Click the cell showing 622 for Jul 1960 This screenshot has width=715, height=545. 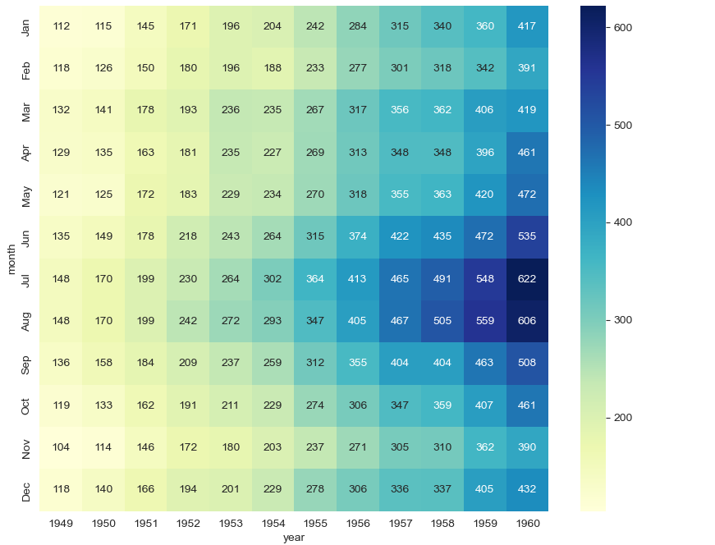[527, 279]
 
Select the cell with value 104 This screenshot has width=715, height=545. [62, 447]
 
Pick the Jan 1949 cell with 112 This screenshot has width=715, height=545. [62, 26]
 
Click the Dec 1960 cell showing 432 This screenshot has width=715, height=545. [527, 489]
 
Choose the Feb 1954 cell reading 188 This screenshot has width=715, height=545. [273, 69]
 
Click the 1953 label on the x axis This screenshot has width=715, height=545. [231, 523]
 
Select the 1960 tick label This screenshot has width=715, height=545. [527, 523]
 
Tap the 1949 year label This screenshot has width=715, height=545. [62, 523]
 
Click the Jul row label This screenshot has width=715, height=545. [26, 279]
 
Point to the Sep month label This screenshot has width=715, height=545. [26, 364]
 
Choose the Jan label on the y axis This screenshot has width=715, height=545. [26, 26]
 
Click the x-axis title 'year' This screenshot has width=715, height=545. [294, 538]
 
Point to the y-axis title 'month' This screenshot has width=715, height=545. [11, 258]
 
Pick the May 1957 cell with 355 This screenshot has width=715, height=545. [400, 195]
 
